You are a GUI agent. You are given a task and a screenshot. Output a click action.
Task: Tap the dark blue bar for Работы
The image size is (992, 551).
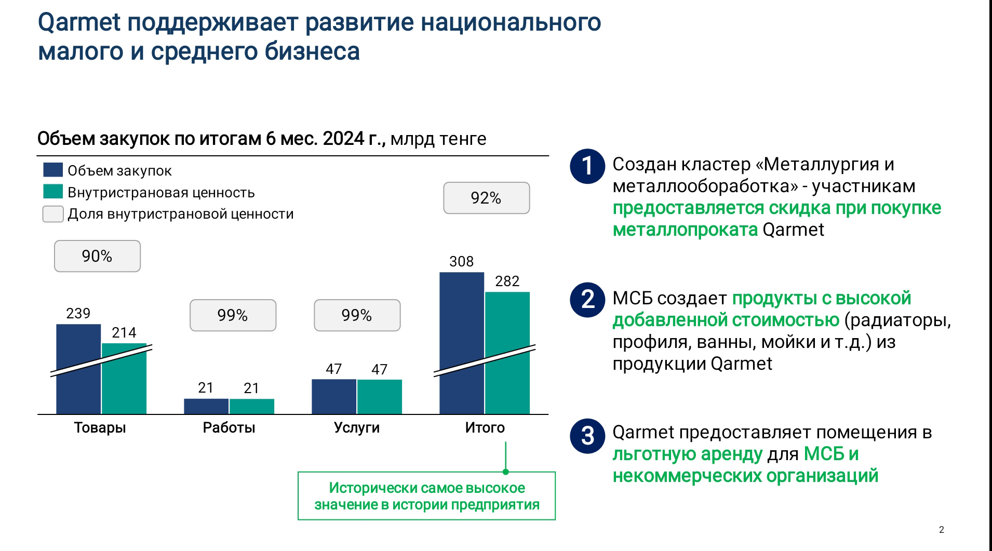coord(206,406)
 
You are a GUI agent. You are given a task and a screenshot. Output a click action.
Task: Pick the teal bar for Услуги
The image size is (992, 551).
coord(380,397)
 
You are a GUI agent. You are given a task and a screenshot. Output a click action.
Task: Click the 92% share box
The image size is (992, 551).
coord(486,198)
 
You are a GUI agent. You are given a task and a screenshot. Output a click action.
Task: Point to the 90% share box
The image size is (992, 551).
coord(97,256)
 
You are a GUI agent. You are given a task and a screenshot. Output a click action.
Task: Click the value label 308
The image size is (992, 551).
coord(461,261)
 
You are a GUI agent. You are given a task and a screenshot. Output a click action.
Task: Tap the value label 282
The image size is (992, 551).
coord(507,281)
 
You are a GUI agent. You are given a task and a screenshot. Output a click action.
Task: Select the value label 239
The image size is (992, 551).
coord(78,313)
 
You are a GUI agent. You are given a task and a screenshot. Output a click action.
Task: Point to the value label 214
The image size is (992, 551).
coord(124,332)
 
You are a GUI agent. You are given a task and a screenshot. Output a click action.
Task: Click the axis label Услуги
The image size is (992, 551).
coord(356,427)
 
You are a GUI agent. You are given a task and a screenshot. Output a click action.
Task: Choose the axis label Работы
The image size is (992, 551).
coord(229,427)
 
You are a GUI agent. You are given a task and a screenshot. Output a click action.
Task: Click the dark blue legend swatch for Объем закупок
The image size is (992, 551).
coord(53,170)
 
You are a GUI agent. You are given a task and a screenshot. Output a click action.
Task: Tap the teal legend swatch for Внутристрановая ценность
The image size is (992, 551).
coord(53,192)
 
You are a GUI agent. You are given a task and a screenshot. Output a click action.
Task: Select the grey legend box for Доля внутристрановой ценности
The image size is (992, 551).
coord(53,214)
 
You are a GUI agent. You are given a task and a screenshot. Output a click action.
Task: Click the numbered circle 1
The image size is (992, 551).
coord(587,166)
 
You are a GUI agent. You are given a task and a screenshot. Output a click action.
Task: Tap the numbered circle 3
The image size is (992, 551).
coord(587,436)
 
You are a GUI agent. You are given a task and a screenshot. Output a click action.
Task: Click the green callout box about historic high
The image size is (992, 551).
coord(426,496)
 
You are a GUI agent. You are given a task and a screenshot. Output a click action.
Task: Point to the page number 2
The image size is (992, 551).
coord(941,530)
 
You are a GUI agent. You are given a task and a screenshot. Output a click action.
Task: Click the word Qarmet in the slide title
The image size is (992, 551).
coord(79,23)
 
